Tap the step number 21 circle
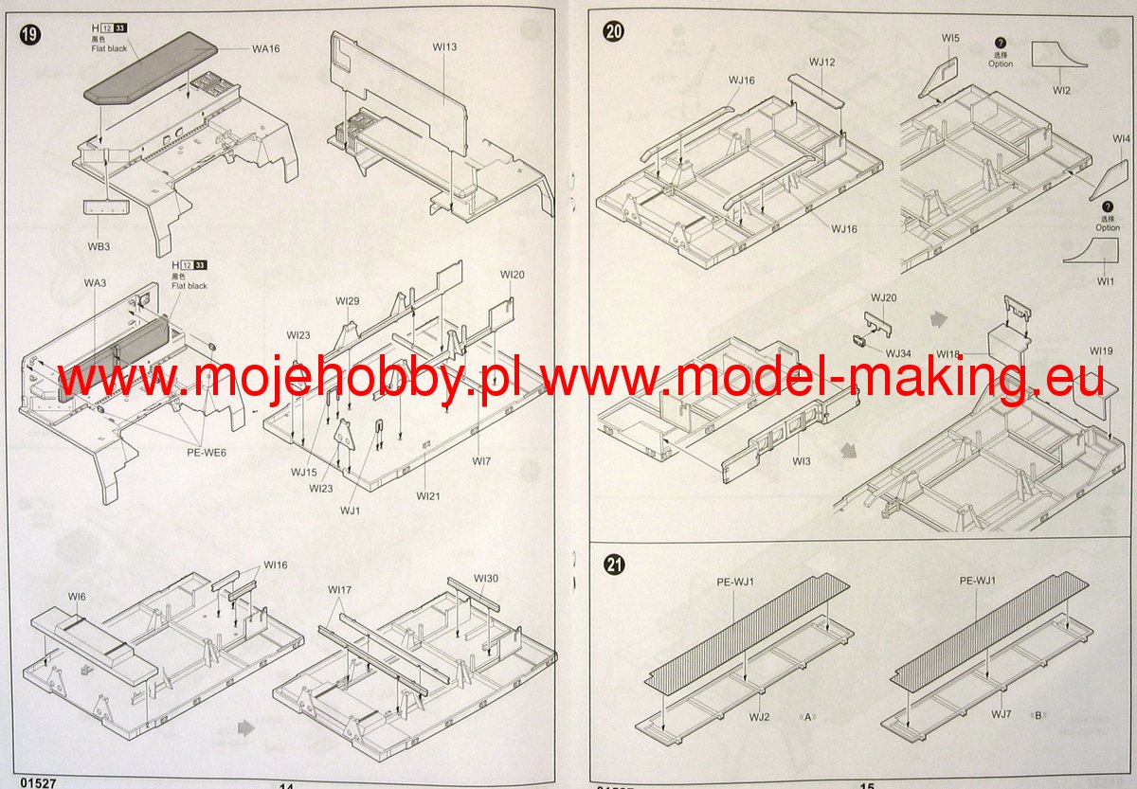point(614,565)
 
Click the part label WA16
point(266,47)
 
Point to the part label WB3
point(99,247)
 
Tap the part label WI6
point(77,597)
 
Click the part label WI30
point(486,579)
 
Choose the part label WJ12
point(821,62)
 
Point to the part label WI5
point(950,38)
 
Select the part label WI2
point(1061,90)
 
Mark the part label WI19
point(1101,351)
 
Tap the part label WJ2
point(760,717)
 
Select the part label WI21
point(428,496)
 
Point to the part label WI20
point(512,275)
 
